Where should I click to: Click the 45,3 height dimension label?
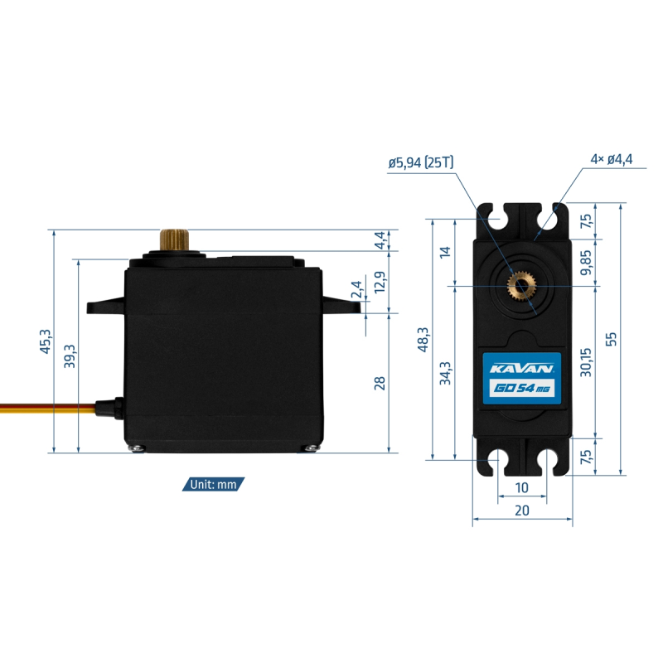click(46, 341)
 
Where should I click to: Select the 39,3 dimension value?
click(70, 356)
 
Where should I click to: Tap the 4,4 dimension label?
click(380, 240)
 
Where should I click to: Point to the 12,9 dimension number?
click(380, 282)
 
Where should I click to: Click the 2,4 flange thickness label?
click(356, 289)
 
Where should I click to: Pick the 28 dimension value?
click(380, 383)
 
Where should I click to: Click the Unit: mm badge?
click(214, 484)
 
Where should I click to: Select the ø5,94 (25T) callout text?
click(421, 162)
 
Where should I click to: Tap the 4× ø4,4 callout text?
click(612, 159)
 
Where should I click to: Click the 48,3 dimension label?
click(423, 339)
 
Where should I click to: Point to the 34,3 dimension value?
click(445, 373)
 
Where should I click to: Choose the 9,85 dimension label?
click(586, 262)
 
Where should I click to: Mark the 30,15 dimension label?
click(586, 362)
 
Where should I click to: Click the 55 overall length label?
click(612, 339)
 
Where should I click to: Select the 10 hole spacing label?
click(522, 488)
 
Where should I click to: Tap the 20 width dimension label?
click(522, 511)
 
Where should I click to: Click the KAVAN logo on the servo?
click(522, 369)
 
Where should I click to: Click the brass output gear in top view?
click(522, 287)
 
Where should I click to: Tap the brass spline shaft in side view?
click(174, 240)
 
